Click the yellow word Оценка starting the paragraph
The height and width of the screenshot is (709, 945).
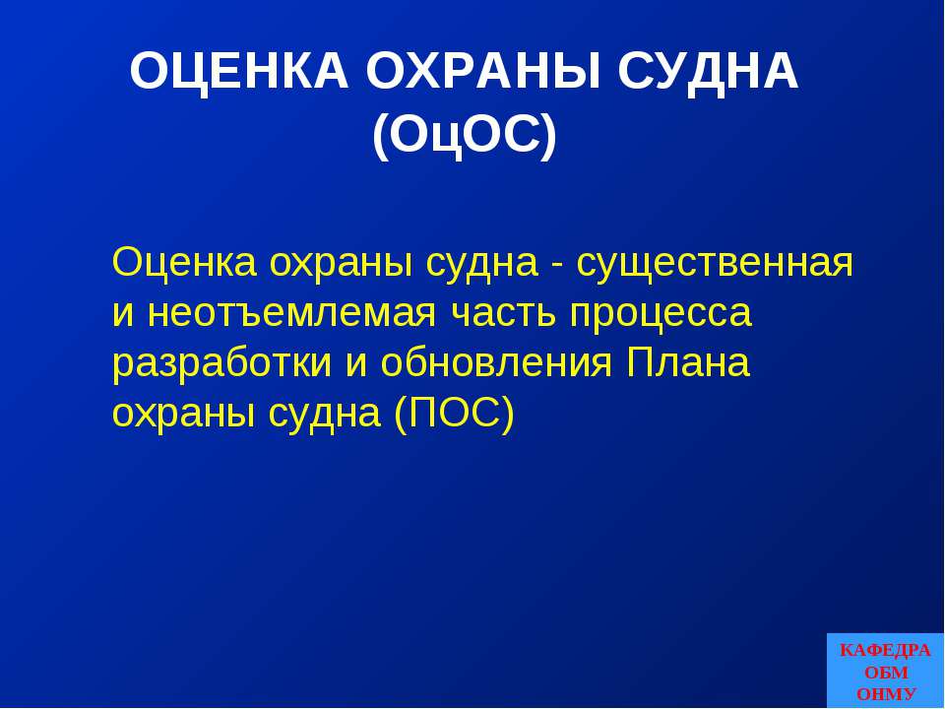pyautogui.click(x=184, y=264)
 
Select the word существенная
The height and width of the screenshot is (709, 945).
pyautogui.click(x=715, y=264)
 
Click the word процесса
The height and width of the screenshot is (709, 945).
pyautogui.click(x=660, y=314)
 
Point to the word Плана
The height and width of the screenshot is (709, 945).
pyautogui.click(x=688, y=364)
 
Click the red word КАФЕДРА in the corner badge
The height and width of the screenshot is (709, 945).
pyautogui.click(x=884, y=651)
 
